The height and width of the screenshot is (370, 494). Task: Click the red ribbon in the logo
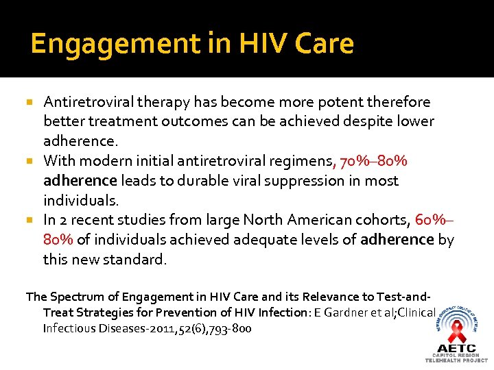point(456,333)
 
